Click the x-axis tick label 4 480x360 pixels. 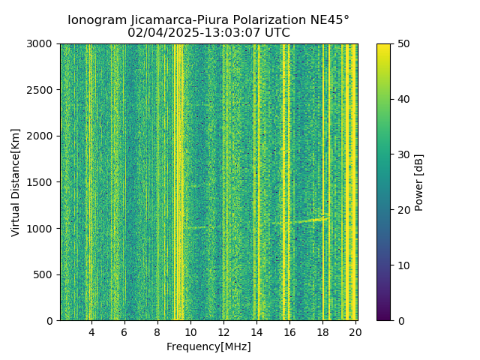(x=91, y=332)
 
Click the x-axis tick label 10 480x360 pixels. (x=190, y=332)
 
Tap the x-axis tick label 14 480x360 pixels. (x=256, y=332)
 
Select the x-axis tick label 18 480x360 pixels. (x=322, y=332)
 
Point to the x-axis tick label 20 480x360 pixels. (x=355, y=332)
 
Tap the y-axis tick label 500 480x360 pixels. (x=45, y=274)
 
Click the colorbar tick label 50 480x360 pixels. (x=403, y=44)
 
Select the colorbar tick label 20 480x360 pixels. (x=403, y=210)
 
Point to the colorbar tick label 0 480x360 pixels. (x=400, y=320)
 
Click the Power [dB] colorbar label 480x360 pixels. (x=419, y=182)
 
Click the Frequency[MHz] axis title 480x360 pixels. (x=208, y=346)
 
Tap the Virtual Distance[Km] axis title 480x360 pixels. (x=16, y=182)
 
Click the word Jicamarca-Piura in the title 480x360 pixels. (x=168, y=20)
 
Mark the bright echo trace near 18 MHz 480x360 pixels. (x=315, y=220)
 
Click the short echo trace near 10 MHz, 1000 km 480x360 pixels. (x=196, y=226)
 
